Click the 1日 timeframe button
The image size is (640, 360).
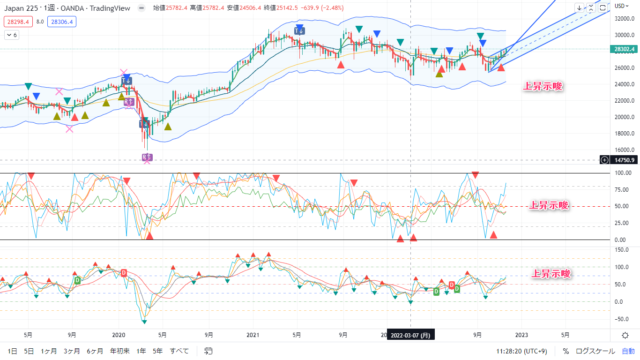(x=13, y=351)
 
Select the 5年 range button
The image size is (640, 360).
(x=158, y=351)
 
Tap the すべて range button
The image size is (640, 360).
(x=179, y=351)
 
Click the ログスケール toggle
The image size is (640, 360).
(x=595, y=351)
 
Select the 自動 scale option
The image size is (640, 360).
(x=628, y=351)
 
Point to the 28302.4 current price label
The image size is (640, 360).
(x=624, y=49)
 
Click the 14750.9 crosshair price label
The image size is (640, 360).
(x=624, y=160)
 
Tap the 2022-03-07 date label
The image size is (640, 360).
(x=410, y=335)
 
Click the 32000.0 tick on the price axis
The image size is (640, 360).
(x=624, y=19)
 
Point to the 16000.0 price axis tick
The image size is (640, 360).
(x=624, y=150)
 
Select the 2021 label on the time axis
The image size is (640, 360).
(x=253, y=335)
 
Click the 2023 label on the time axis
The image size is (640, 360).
(x=521, y=335)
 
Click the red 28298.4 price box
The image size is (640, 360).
(x=18, y=22)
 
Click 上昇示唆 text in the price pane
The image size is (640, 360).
(x=542, y=86)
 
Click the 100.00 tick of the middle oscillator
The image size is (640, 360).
(x=623, y=173)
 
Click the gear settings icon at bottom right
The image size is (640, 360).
(x=625, y=335)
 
